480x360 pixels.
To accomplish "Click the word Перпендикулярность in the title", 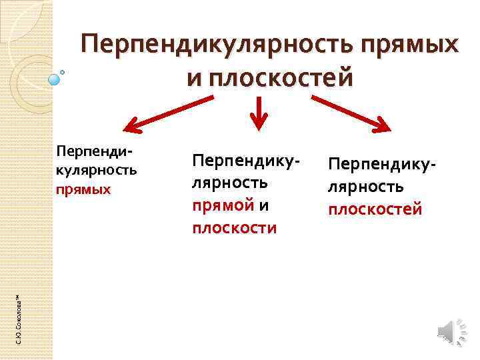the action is [217, 46].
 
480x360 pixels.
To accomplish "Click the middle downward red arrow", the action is [258, 111].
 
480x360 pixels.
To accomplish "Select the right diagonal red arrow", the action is [352, 113].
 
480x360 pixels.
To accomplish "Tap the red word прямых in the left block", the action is [83, 189].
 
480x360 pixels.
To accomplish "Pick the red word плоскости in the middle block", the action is [234, 228].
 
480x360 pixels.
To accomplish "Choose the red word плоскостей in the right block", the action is [375, 209].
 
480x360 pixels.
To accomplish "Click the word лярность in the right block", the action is [365, 186].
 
